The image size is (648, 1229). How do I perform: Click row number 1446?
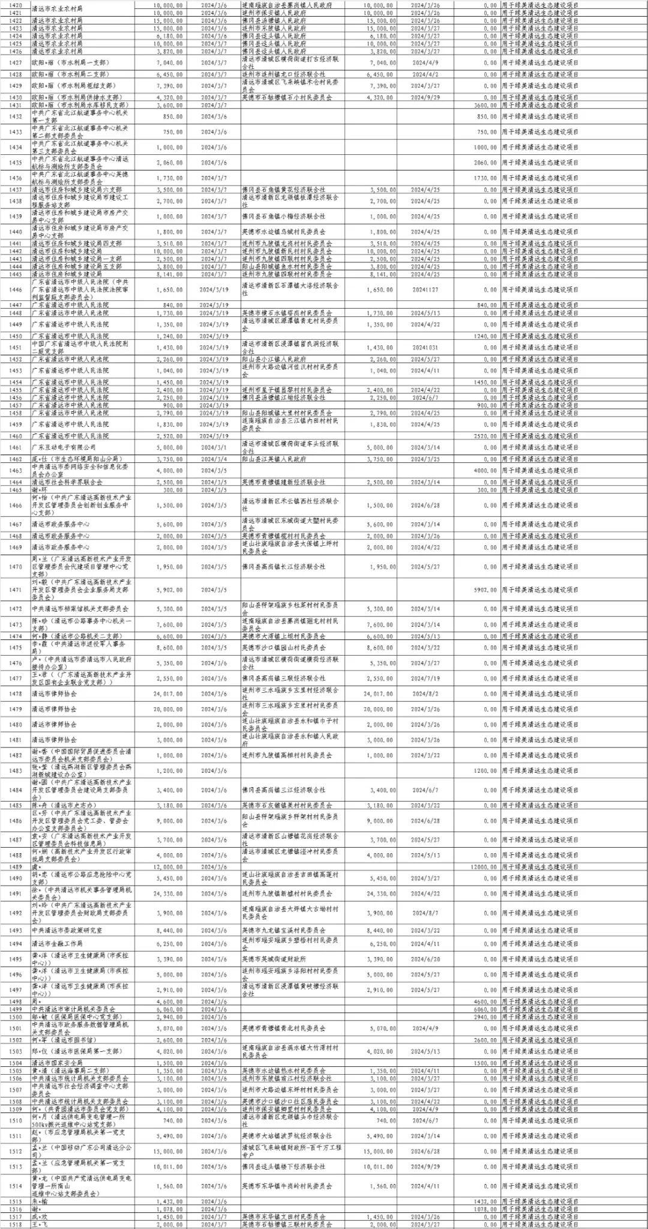pos(16,289)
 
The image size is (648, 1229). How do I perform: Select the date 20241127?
pos(425,289)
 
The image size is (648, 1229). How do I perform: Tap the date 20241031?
pos(425,347)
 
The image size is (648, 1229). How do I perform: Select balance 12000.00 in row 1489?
pos(485,866)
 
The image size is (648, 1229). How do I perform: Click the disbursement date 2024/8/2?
pos(425,693)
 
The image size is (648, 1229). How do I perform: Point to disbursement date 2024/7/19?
pos(425,678)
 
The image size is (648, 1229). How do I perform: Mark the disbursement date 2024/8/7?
pos(425,913)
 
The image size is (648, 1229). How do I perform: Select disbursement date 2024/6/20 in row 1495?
pos(425,959)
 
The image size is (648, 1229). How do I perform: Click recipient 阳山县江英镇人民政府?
pos(274,459)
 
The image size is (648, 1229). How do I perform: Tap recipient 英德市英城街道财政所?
pos(274,959)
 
